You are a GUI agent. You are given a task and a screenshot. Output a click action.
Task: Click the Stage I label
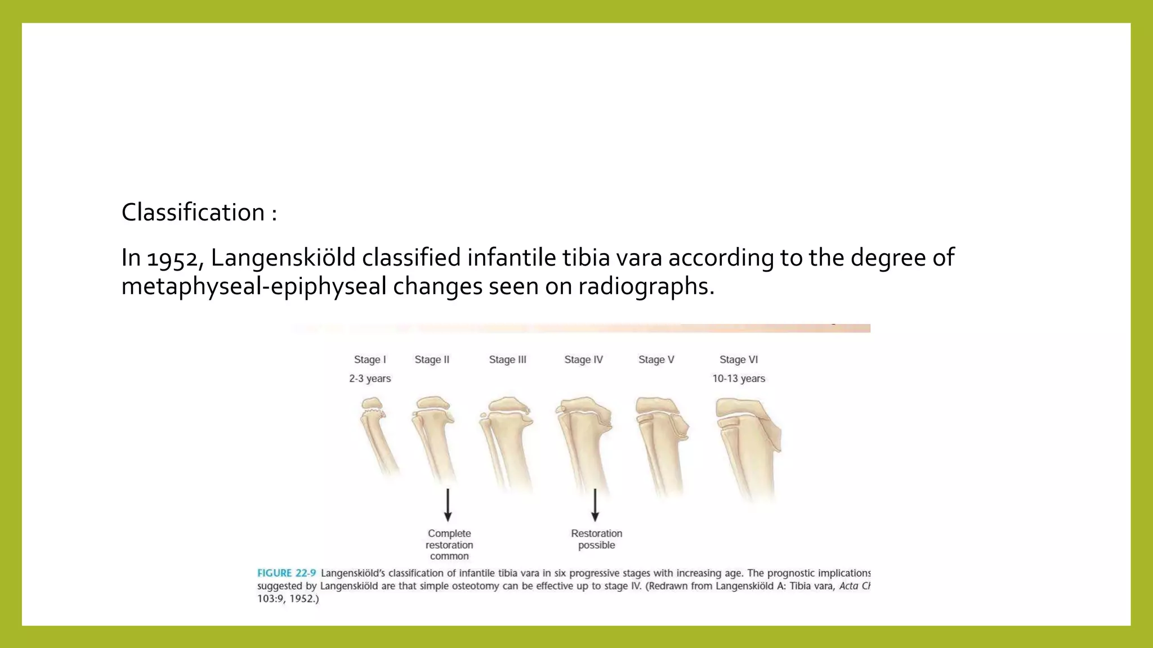point(370,359)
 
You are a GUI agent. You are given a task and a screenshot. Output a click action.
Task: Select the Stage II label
point(432,359)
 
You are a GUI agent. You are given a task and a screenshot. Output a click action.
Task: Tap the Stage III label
point(507,359)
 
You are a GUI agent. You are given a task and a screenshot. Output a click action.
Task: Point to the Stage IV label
point(583,359)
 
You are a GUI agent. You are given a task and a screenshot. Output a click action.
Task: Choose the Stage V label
point(656,359)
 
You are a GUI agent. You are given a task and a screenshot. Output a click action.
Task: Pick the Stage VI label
point(739,359)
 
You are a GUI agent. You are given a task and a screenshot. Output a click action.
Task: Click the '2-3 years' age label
point(370,379)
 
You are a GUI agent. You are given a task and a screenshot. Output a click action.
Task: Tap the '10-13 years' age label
point(739,379)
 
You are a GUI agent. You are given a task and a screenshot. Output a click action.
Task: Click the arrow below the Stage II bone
point(448,505)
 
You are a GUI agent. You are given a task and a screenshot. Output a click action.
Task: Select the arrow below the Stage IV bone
point(595,505)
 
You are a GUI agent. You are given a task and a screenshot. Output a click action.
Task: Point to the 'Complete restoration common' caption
point(449,544)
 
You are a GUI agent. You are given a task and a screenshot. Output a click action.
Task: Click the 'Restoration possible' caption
point(597,539)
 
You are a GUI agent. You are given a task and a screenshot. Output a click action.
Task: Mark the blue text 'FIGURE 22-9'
point(287,573)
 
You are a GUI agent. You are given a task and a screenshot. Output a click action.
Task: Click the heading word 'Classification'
point(193,213)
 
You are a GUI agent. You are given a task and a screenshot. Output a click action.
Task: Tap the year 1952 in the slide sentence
point(172,258)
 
